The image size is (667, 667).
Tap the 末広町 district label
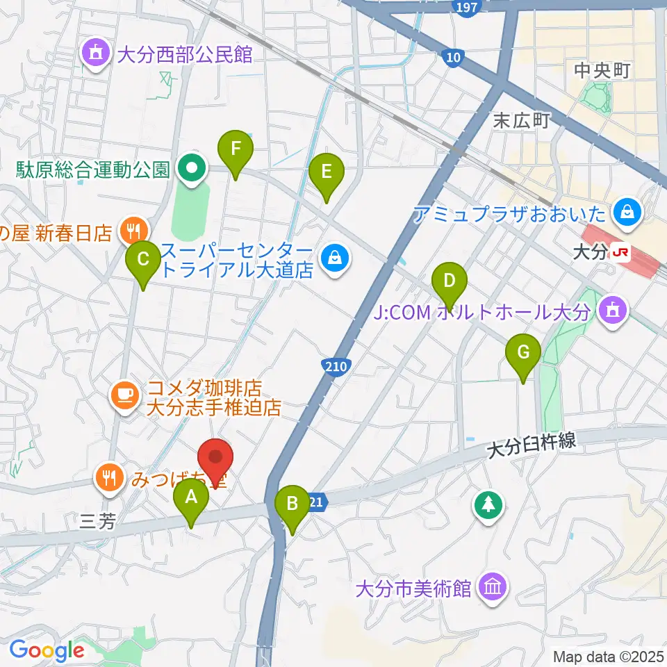pyautogui.click(x=521, y=120)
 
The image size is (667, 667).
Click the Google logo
pyautogui.click(x=47, y=650)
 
